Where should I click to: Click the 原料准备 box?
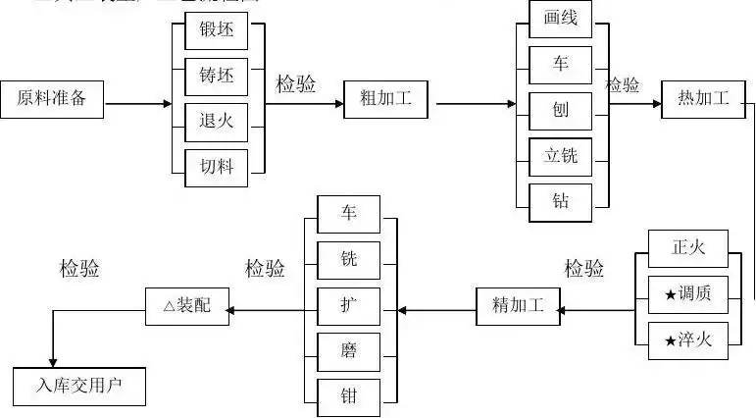click(x=52, y=98)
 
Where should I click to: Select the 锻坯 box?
click(x=217, y=30)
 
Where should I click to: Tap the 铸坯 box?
click(x=217, y=77)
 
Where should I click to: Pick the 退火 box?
click(x=217, y=122)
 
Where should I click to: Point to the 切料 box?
click(x=217, y=167)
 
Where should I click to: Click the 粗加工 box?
click(x=385, y=98)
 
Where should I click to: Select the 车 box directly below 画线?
click(x=560, y=64)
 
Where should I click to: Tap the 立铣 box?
click(x=560, y=155)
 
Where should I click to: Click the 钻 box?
click(x=560, y=202)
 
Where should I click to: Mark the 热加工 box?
click(x=702, y=98)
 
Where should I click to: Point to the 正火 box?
click(x=688, y=248)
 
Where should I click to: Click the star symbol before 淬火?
click(x=671, y=340)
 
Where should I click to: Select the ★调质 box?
click(x=688, y=294)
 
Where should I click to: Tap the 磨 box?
click(x=349, y=351)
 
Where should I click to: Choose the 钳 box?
click(x=349, y=397)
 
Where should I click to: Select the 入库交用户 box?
click(x=78, y=386)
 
